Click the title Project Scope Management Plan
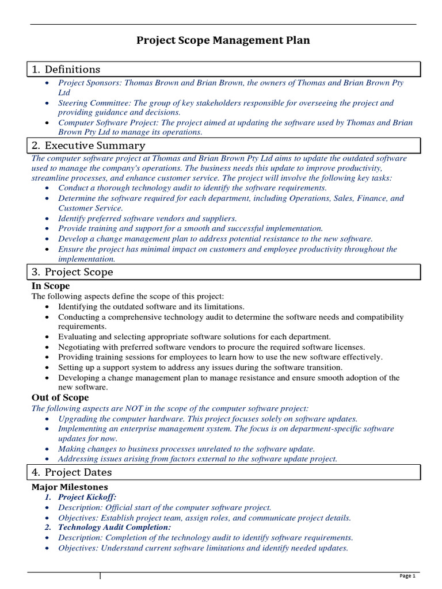(x=223, y=40)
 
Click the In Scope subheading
(x=51, y=286)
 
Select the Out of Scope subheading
(x=60, y=397)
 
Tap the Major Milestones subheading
(x=69, y=487)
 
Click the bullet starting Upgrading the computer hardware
(x=207, y=419)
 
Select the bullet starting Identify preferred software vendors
(x=147, y=219)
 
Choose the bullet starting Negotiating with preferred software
(x=211, y=347)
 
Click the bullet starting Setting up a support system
(x=200, y=368)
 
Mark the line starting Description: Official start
(x=164, y=507)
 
